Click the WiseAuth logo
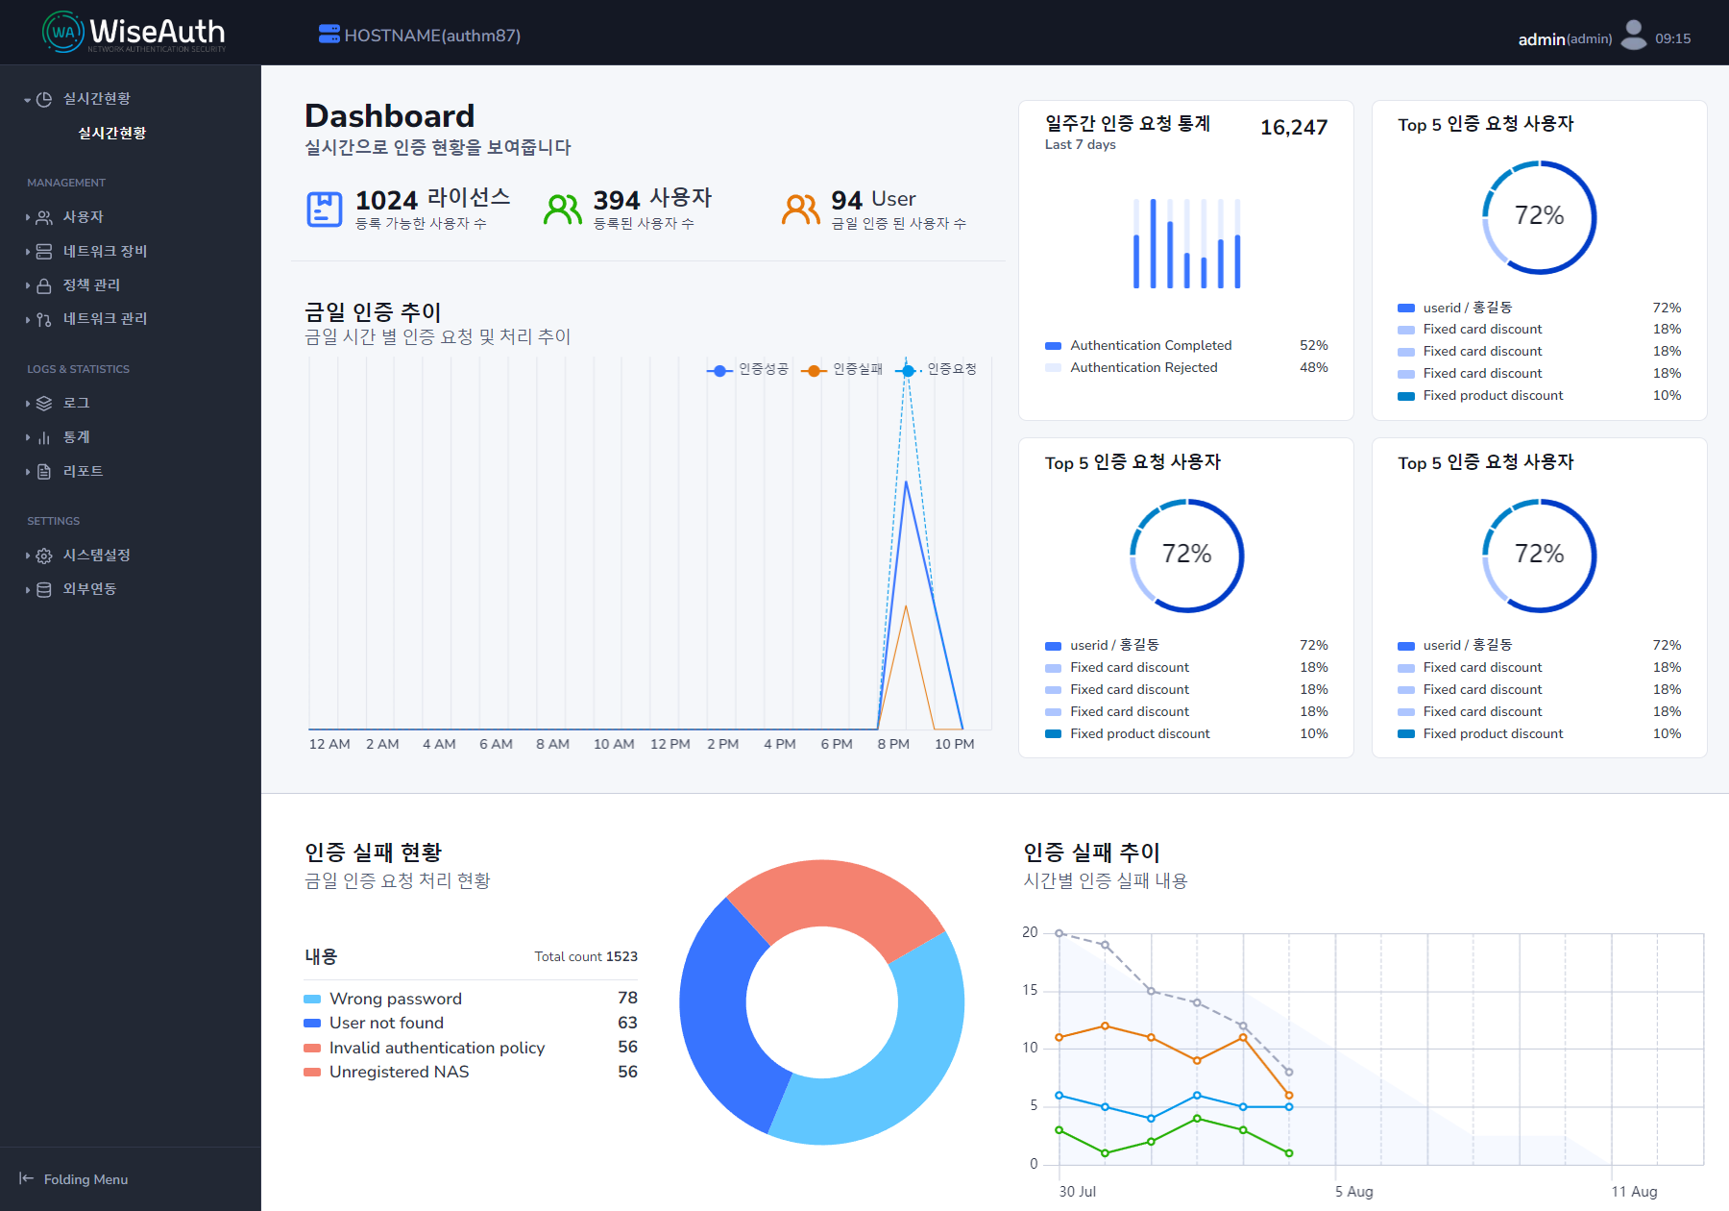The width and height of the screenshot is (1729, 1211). [134, 34]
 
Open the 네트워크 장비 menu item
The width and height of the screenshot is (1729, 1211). [105, 252]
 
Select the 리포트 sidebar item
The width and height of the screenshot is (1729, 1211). [83, 472]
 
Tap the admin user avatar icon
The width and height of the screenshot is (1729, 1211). [1633, 36]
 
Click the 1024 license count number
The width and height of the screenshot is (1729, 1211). [386, 200]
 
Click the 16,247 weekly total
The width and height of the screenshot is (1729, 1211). [1293, 128]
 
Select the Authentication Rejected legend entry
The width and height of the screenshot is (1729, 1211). [1143, 368]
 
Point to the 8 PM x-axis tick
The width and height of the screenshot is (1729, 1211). [893, 744]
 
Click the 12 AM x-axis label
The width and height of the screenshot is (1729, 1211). [329, 744]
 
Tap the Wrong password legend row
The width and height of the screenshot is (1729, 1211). [395, 999]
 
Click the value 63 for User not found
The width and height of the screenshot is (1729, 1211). [627, 1023]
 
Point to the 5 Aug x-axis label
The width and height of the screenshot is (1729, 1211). [1353, 1192]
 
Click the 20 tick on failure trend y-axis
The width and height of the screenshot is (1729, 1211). [1030, 932]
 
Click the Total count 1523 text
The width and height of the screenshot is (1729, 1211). [585, 957]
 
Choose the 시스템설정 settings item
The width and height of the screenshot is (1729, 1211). [96, 556]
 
